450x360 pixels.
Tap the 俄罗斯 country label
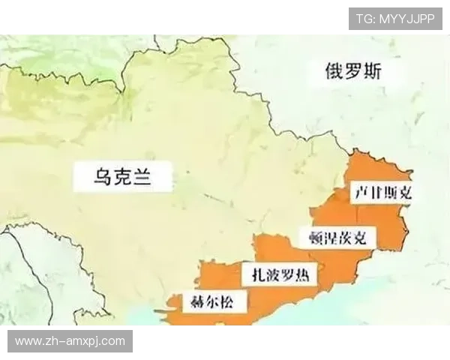point(352,72)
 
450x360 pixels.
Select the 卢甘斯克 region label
point(382,192)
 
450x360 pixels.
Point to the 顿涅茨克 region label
point(338,239)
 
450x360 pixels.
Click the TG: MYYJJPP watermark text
point(395,19)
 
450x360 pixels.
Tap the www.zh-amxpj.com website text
point(70,341)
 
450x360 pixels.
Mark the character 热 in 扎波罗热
point(307,274)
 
